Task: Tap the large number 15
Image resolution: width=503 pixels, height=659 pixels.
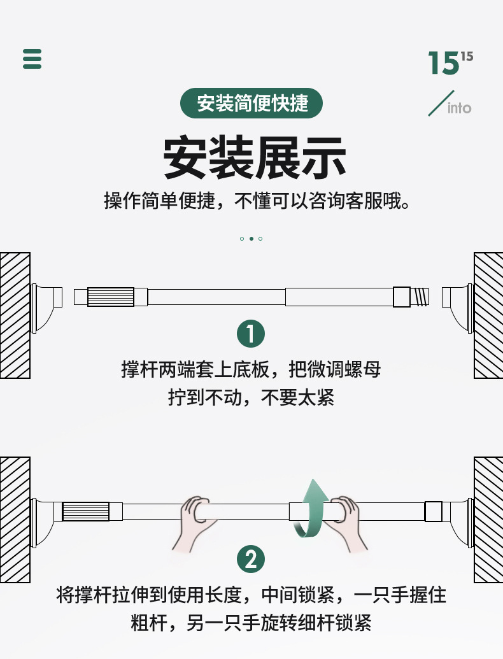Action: tap(443, 64)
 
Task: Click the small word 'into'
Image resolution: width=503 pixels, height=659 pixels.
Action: tap(459, 108)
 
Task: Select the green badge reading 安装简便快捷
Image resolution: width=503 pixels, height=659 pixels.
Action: tap(251, 103)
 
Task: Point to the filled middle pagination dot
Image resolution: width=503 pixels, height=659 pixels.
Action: tap(251, 239)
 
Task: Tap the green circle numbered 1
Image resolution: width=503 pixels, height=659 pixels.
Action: tap(251, 334)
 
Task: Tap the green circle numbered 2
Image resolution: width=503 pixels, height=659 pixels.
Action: tap(251, 560)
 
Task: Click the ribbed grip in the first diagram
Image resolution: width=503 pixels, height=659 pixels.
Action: tap(110, 297)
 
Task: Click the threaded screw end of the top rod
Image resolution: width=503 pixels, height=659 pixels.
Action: tap(420, 297)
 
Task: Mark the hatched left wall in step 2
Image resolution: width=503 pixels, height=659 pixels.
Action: tap(15, 519)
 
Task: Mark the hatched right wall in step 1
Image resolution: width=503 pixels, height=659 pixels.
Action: tap(488, 315)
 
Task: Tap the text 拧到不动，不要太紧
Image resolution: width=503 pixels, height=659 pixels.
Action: tap(251, 398)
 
